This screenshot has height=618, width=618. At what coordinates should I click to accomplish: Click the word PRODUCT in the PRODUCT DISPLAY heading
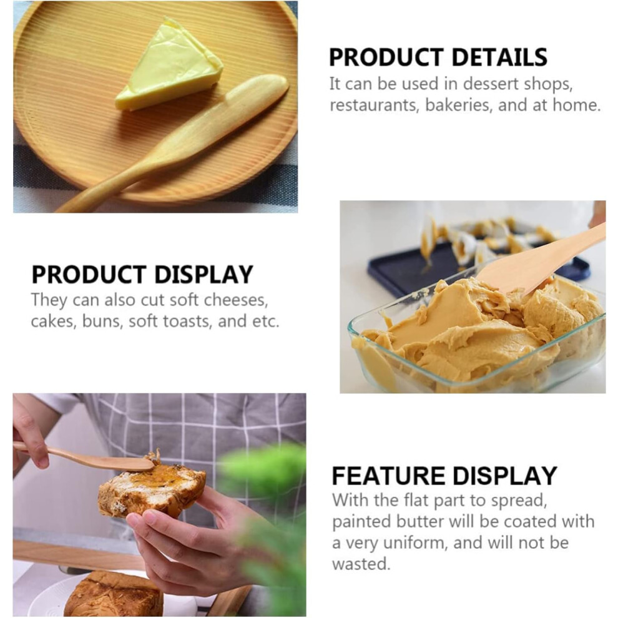[89, 275]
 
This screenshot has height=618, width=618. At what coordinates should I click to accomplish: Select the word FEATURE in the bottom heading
[388, 476]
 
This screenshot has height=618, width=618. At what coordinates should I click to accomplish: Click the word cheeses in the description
[238, 300]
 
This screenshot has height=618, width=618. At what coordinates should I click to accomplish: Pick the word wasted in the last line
[361, 564]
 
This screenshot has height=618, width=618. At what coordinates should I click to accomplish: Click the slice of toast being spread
[152, 490]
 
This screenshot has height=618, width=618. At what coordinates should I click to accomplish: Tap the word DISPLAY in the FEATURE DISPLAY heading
[504, 476]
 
